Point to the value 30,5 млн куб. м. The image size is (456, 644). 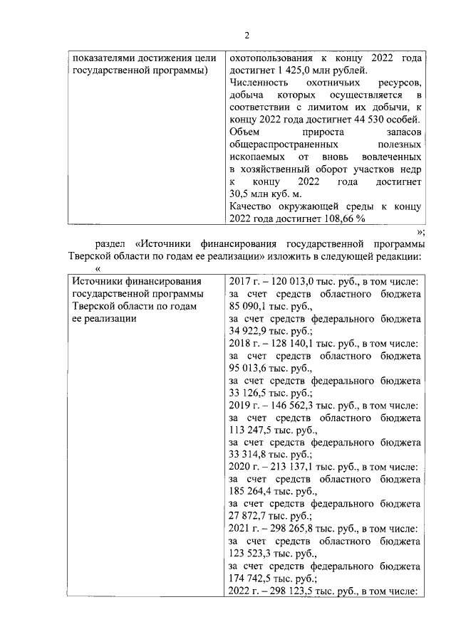click(x=265, y=194)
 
